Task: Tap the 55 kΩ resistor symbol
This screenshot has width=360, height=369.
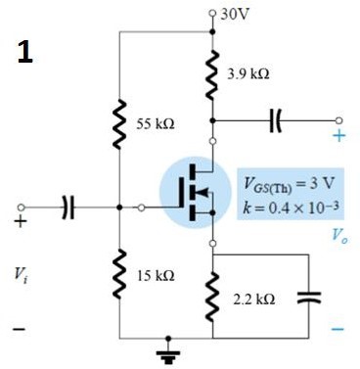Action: (x=118, y=124)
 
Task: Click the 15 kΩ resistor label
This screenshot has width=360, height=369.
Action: (x=156, y=276)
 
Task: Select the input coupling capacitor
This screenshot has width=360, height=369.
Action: (x=67, y=208)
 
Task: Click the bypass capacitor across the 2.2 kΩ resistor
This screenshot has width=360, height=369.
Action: (x=306, y=298)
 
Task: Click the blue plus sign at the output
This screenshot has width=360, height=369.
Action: (x=338, y=136)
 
